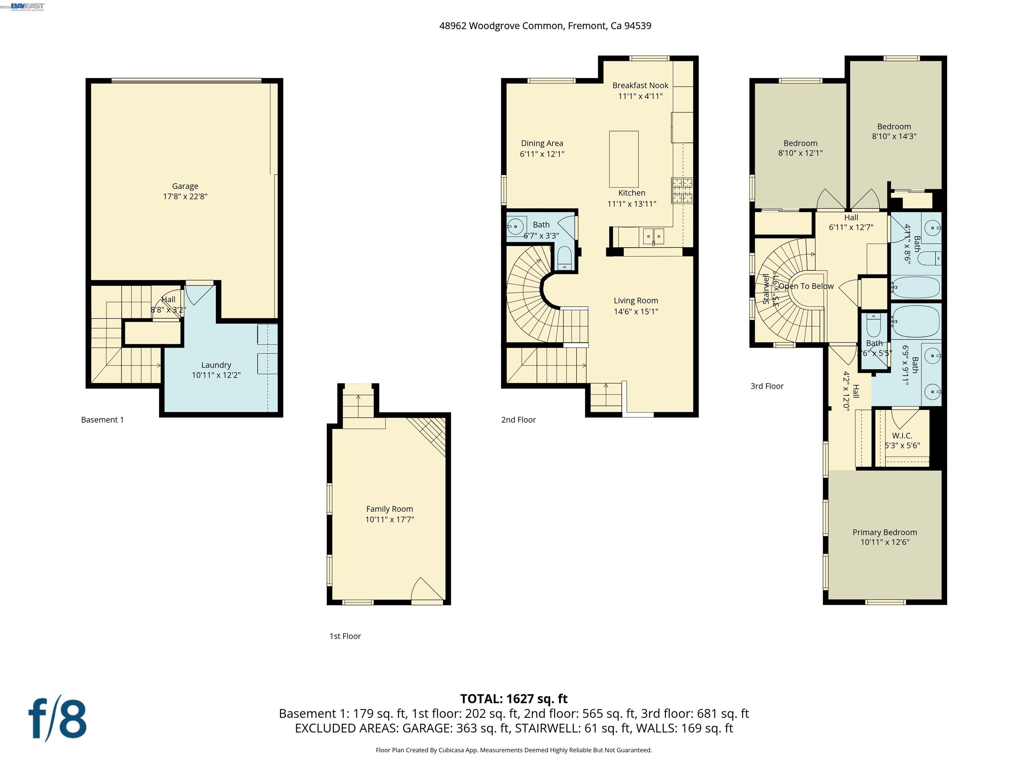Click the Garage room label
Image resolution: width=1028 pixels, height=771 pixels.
[x=185, y=186]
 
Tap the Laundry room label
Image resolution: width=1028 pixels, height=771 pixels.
[x=216, y=365]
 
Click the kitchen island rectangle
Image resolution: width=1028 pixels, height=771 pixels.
[x=624, y=159]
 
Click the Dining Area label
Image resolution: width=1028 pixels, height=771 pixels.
[x=542, y=143]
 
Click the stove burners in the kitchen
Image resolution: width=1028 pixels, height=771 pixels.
[x=682, y=190]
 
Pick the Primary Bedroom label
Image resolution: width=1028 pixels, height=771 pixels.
[x=884, y=532]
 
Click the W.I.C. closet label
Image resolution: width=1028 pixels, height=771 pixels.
[x=902, y=435]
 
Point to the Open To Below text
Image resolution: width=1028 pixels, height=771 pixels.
[x=806, y=286]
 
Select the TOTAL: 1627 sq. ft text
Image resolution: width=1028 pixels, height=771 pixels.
[x=514, y=698]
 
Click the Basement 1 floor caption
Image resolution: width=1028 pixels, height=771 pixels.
[x=102, y=420]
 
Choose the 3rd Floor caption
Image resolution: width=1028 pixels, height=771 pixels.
[x=767, y=386]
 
